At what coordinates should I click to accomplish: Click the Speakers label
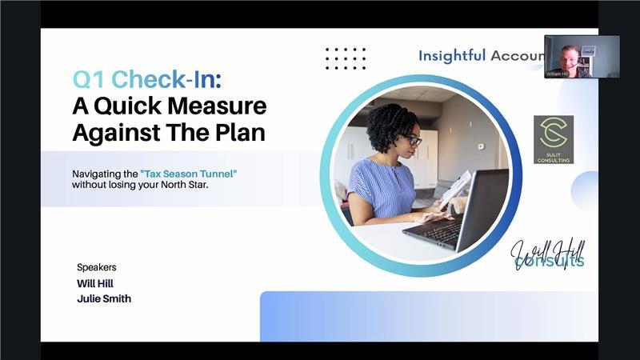pos(96,267)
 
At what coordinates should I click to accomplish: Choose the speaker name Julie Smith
pos(103,298)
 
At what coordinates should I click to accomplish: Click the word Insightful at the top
pos(451,55)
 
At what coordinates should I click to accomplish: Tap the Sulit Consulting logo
pos(554,139)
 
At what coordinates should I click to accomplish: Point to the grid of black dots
pos(346,58)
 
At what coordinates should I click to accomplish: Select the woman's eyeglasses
pos(410,140)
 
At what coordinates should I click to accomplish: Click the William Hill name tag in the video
pos(558,73)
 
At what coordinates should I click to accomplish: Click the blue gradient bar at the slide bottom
pos(428,316)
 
